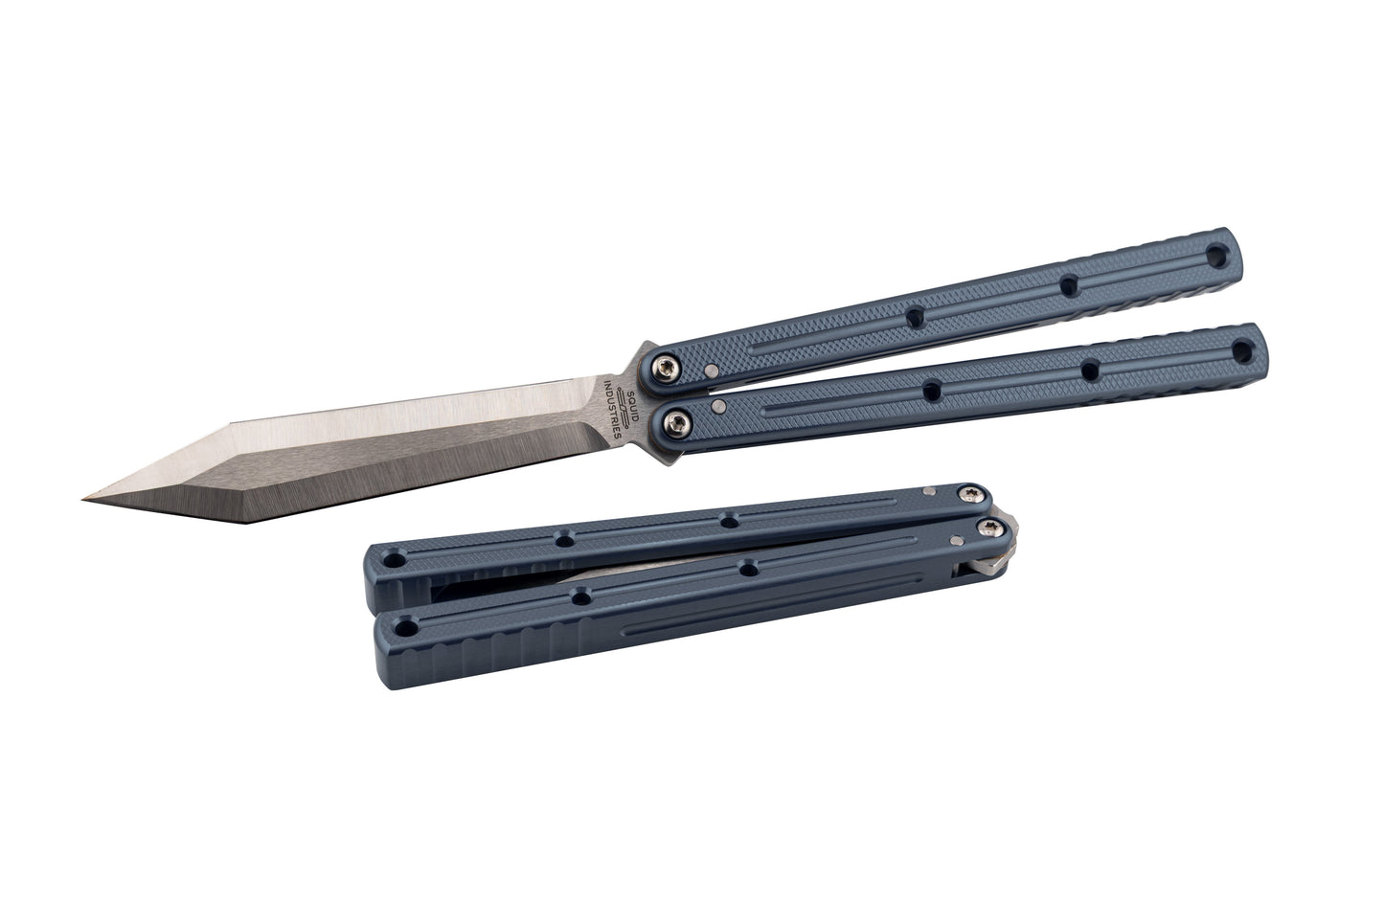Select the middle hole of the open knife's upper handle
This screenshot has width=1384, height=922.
[x=1067, y=285]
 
